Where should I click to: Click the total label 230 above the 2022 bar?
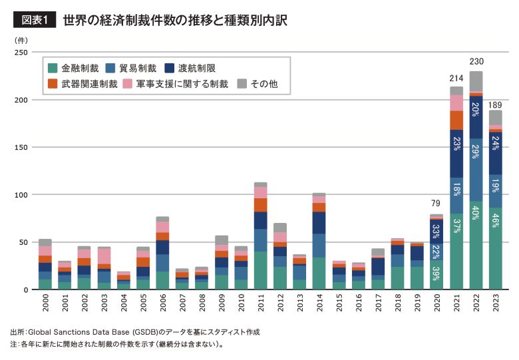pos(476,62)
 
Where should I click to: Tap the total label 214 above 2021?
pos(456,79)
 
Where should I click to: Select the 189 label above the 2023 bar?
pos(495,104)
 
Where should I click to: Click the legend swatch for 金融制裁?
pos(53,68)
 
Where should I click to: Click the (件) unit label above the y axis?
pos(21,40)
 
